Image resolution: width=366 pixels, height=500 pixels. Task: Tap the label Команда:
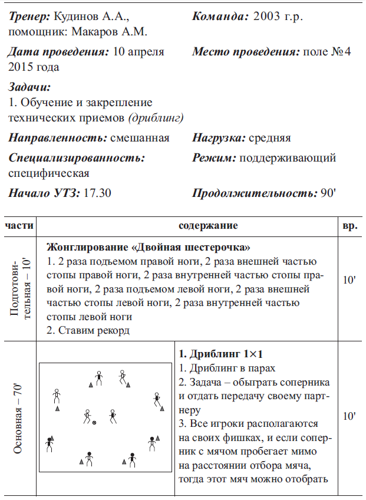point(220,17)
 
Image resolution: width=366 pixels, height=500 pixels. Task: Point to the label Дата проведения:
point(58,51)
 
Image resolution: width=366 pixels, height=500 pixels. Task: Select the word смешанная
point(140,138)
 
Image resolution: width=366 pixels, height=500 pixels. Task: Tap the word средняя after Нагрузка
point(270,138)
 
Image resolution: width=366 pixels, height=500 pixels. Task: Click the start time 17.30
point(98,193)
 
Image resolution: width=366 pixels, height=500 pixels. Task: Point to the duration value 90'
point(328,193)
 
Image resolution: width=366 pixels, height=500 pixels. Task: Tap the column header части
point(19,226)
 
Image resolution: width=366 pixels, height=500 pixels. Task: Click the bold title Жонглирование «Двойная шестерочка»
point(148,246)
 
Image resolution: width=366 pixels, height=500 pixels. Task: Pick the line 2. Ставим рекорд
point(88,331)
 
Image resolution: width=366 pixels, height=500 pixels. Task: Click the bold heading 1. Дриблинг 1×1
point(220,354)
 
